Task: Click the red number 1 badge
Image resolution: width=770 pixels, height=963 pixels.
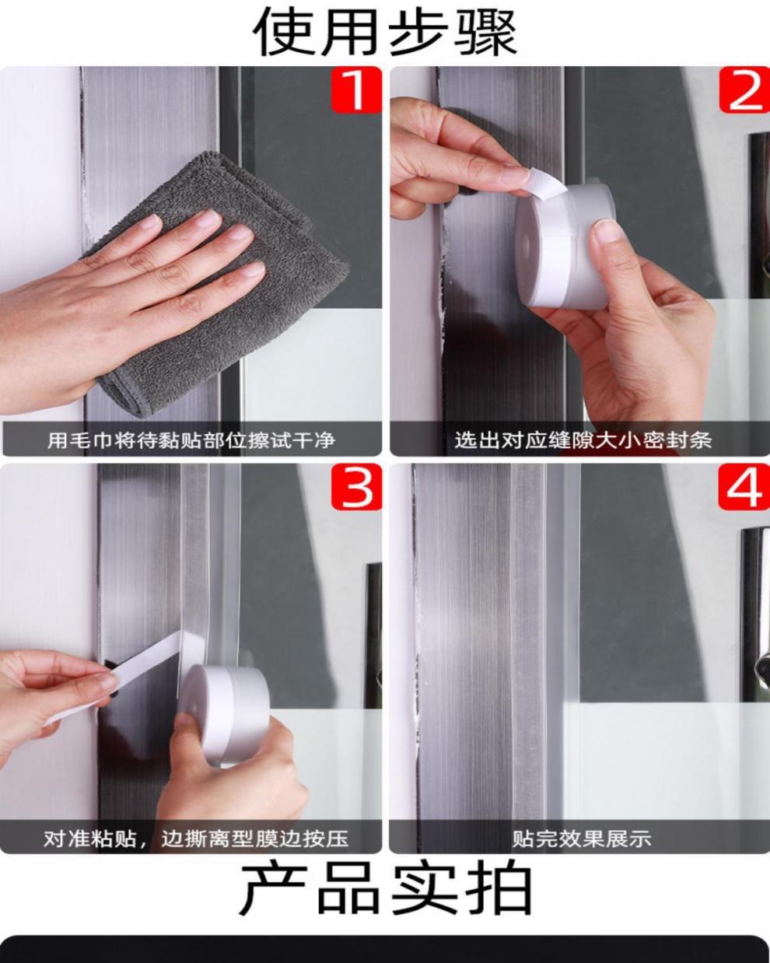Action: (356, 89)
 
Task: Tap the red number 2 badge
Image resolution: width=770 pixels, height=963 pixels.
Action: (744, 89)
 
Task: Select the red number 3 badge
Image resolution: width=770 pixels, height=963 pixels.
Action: (356, 486)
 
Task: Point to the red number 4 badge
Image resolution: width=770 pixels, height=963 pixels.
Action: (744, 486)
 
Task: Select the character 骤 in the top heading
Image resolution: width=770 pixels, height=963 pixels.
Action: (485, 32)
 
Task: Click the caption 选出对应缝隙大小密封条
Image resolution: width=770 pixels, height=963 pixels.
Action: (583, 439)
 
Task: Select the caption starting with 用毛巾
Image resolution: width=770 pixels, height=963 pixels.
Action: (191, 439)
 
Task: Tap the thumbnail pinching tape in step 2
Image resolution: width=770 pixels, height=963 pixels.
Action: (515, 174)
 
